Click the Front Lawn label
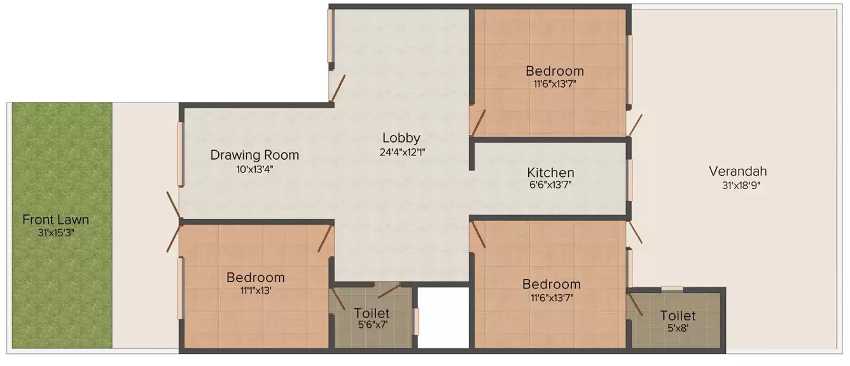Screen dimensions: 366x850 [55, 220]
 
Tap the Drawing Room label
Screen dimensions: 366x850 [254, 155]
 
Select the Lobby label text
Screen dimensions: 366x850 [401, 137]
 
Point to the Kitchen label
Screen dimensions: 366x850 [550, 172]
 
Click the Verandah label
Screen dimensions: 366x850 [737, 171]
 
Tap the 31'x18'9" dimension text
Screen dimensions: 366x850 [737, 185]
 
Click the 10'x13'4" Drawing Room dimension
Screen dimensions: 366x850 [254, 169]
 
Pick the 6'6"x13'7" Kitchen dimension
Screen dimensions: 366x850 [550, 185]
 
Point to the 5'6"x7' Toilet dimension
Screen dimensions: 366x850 [372, 325]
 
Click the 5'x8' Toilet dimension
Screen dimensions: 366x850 [677, 328]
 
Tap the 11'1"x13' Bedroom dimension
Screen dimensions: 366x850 [255, 291]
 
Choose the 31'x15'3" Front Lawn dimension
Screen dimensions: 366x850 [55, 233]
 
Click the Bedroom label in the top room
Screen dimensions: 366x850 [554, 71]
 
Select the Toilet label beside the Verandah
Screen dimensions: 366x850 [677, 316]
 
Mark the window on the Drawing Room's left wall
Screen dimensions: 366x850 [181, 154]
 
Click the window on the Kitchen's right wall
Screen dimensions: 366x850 [629, 179]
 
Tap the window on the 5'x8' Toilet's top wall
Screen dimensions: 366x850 [672, 289]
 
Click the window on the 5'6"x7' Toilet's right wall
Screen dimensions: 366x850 [416, 321]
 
